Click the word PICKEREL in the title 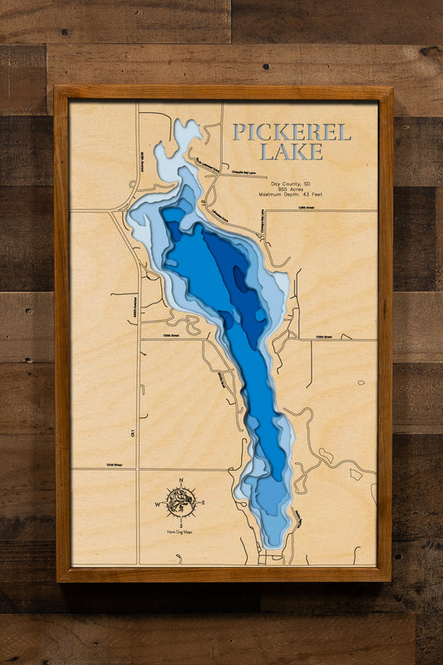[291, 132]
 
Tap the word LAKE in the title [290, 152]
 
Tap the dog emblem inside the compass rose [180, 502]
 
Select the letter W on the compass [158, 504]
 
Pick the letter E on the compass [201, 503]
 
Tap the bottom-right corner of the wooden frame [389, 579]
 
